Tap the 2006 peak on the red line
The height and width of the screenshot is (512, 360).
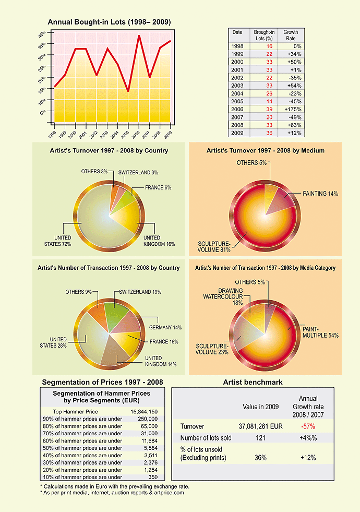coord(139,35)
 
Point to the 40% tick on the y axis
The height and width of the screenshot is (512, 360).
coord(49,33)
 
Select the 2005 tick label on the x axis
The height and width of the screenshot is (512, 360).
coord(125,134)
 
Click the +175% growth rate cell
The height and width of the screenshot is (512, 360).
coord(293,110)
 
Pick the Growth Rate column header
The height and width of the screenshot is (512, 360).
coord(291,35)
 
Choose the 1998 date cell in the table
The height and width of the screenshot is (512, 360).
coord(237,46)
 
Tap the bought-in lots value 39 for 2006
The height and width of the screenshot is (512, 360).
coord(269,110)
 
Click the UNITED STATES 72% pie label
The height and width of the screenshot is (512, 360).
coord(58,241)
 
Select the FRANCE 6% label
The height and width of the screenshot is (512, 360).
coord(158,188)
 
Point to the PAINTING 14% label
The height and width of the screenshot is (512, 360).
coord(320,194)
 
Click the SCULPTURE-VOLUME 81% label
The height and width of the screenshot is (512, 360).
coord(214,247)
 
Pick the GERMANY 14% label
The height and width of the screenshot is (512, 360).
coord(165,328)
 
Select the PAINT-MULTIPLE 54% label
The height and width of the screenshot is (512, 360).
coord(320,332)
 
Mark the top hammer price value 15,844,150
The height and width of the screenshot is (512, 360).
coord(144,412)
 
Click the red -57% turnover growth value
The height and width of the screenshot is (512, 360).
coord(308,426)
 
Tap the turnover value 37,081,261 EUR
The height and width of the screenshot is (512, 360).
coord(260,426)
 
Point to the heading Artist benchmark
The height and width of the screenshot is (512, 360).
coord(253,383)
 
